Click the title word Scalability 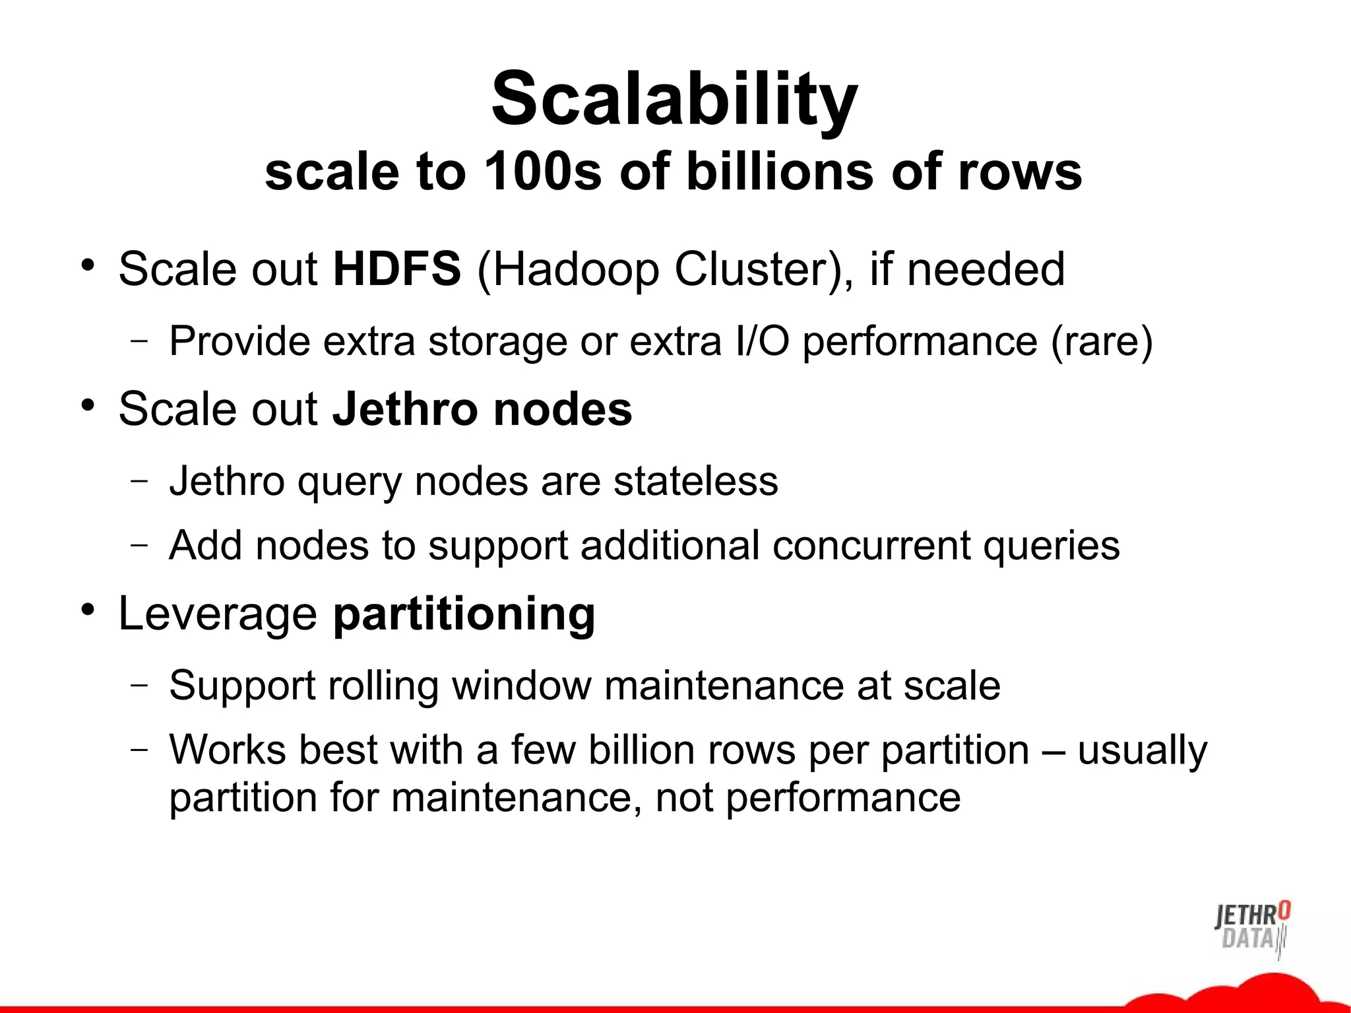click(674, 99)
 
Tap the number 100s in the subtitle click(542, 172)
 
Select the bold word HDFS click(396, 269)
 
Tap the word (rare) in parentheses click(1101, 342)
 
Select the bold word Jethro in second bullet click(404, 408)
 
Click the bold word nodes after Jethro click(563, 408)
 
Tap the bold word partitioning click(464, 614)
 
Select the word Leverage click(218, 614)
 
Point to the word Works click(228, 750)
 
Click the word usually click(1142, 750)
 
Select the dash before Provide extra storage click(139, 341)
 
